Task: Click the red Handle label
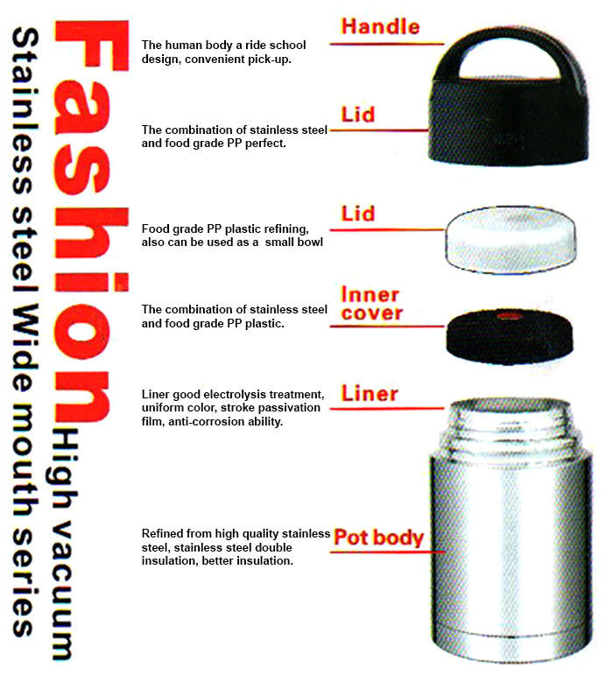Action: (381, 26)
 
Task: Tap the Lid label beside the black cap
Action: (357, 115)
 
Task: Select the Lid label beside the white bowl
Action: (357, 214)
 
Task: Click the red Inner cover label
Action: (371, 304)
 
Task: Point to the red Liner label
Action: (370, 394)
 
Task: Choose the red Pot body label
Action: (378, 538)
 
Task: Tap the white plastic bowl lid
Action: (511, 240)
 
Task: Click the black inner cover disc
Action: (510, 336)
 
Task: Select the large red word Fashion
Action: (90, 221)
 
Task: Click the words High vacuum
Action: (63, 544)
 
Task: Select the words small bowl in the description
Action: (293, 243)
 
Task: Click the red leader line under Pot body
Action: (387, 552)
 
